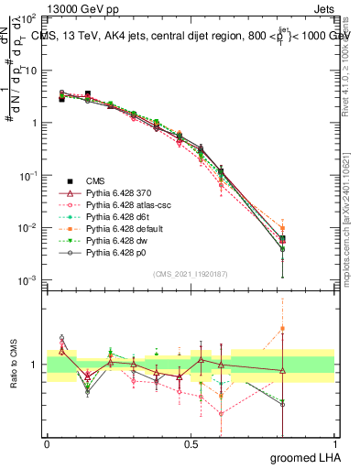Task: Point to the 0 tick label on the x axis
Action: [47, 444]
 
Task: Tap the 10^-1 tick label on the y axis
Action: [27, 175]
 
